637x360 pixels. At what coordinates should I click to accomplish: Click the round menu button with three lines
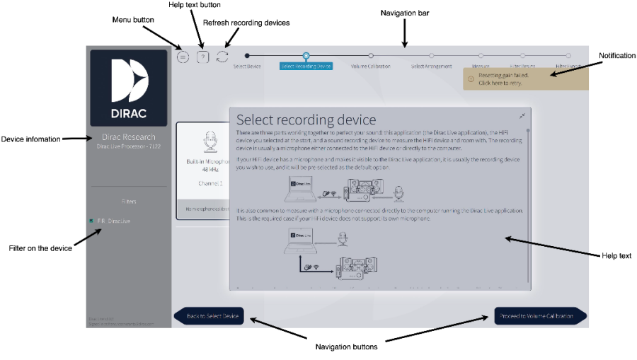[183, 57]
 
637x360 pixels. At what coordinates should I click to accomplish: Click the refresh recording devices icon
[223, 57]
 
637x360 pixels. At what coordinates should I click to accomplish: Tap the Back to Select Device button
[210, 315]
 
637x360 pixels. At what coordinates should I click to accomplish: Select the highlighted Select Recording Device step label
[306, 66]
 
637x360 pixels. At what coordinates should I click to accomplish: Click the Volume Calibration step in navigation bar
[371, 66]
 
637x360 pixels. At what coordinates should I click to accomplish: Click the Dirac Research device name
[129, 137]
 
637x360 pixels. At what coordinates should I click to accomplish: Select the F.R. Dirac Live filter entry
[113, 221]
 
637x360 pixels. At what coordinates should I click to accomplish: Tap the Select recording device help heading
[306, 120]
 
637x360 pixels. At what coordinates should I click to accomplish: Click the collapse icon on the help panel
[522, 116]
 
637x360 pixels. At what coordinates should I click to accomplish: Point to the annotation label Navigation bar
[404, 13]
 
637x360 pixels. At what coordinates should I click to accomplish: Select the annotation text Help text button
[194, 5]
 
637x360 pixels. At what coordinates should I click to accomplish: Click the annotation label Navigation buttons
[346, 347]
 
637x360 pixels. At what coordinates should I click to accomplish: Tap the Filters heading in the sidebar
[128, 202]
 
